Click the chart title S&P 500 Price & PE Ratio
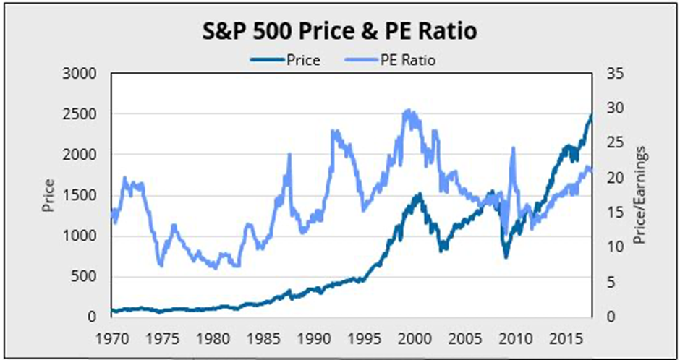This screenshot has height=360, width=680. [339, 33]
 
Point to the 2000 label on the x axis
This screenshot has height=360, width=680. [414, 337]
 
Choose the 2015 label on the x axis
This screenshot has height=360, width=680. [565, 337]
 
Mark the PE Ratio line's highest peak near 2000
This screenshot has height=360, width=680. [408, 111]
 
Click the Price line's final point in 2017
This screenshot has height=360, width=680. [591, 115]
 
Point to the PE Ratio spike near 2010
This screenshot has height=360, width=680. [513, 148]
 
